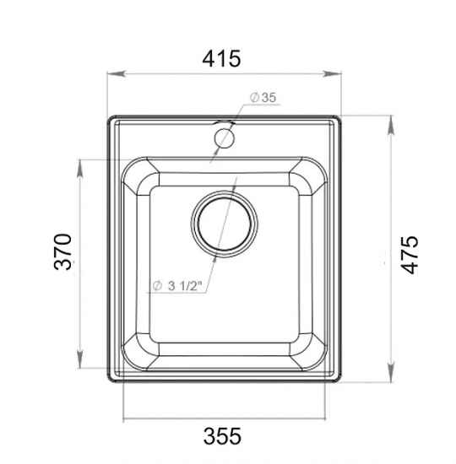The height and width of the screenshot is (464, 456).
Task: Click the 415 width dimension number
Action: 221,58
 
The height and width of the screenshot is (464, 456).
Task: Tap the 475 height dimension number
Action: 410,255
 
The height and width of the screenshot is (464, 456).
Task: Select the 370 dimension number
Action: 62,252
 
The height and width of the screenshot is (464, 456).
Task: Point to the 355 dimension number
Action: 222,436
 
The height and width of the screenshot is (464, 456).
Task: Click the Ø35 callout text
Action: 263,97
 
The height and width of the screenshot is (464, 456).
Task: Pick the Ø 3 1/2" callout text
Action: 177,286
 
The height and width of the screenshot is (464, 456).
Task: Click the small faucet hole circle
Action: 224,138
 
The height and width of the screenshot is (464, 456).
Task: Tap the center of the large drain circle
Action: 225,224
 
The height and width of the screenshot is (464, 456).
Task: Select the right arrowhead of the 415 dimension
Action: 332,73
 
